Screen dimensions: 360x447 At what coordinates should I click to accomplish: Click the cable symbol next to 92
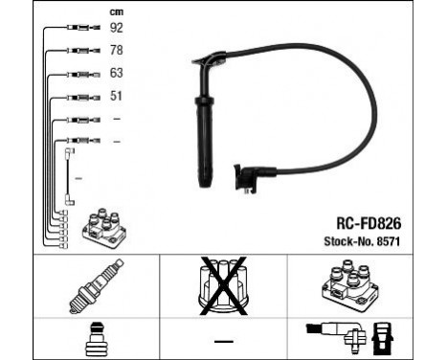(x=80, y=29)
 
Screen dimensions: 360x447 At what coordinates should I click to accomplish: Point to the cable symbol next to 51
(x=80, y=97)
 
